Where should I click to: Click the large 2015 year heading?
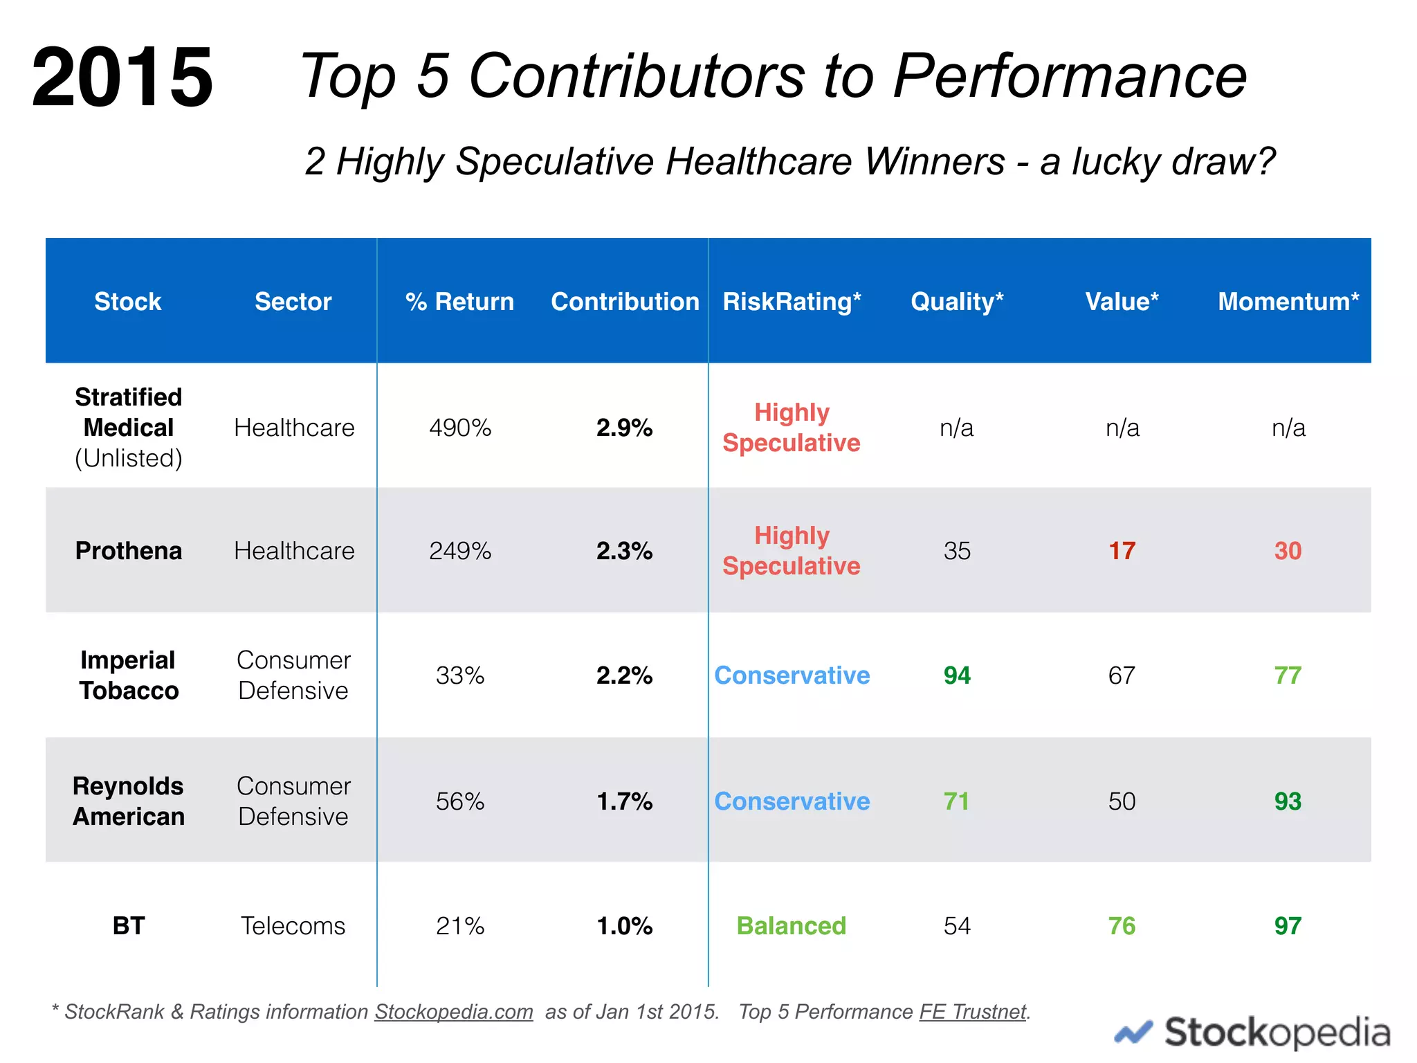[122, 77]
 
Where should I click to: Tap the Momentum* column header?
[1288, 302]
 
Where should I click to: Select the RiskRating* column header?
[792, 302]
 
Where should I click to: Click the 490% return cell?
[460, 428]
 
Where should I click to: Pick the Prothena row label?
[129, 551]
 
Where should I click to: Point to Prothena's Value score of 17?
[1122, 551]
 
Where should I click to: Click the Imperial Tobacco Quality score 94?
[957, 675]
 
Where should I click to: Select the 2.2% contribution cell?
[624, 675]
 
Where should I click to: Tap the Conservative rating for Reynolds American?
[792, 801]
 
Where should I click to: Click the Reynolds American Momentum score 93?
[1288, 801]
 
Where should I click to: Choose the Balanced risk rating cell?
[792, 926]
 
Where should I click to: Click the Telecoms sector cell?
[293, 926]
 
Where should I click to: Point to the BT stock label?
[129, 926]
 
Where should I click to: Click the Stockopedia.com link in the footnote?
[454, 1012]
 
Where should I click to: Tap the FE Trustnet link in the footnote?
[972, 1012]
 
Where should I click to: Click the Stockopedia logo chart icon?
[1133, 1033]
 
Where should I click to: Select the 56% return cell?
[460, 801]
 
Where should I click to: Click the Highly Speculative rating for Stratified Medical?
[792, 428]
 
